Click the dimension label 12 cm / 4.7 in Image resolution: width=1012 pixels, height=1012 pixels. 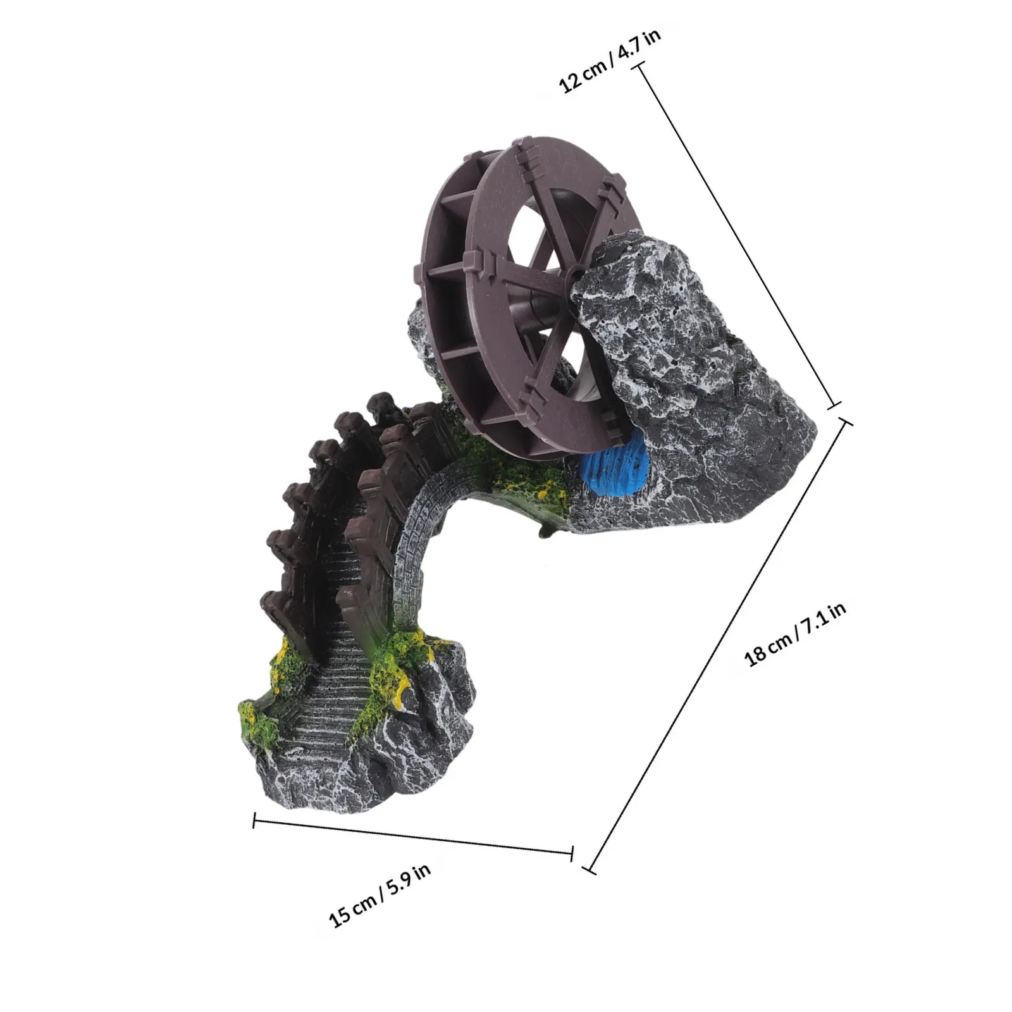coord(611,61)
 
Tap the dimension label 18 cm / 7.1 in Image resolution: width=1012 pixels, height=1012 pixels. coord(795,635)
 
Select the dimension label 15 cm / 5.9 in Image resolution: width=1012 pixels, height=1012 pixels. coord(380,895)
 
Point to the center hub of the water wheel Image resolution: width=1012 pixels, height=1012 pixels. coord(574,271)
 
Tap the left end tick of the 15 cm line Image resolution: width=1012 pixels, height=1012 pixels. coord(254,820)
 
